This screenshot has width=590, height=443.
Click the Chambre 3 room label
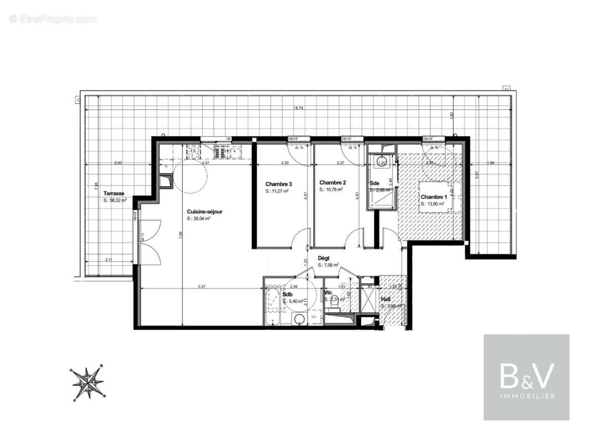point(278,184)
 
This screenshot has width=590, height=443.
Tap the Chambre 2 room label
point(333,182)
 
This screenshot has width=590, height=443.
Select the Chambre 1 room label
point(433,197)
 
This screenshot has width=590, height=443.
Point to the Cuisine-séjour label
point(205,212)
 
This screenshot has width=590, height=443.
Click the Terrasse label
point(113,193)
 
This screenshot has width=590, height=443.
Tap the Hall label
point(386,299)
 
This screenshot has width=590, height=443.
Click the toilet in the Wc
point(334,302)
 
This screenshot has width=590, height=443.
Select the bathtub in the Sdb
point(273,306)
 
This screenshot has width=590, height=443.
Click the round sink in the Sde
point(381,162)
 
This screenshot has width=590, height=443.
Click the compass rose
point(87,382)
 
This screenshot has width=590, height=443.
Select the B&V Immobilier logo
point(526,377)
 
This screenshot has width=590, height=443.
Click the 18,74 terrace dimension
point(298,109)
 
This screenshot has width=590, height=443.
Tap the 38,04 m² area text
point(199,219)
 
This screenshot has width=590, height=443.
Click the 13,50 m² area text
point(433,204)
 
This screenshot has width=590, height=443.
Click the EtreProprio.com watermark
point(53,19)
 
